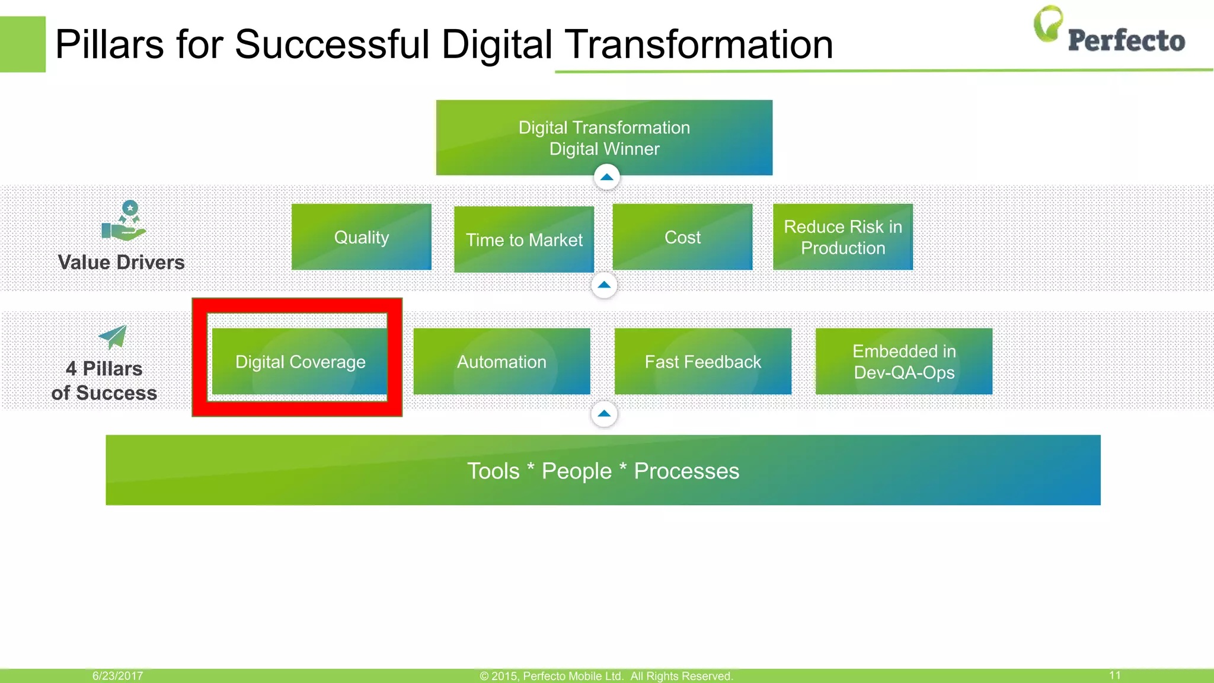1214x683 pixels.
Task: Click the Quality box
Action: [x=362, y=237]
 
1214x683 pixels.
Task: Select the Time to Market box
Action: [x=524, y=240]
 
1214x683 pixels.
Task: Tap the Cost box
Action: [x=682, y=237]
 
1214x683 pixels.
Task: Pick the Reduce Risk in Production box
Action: [x=843, y=237]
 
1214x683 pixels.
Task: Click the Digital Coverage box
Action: [x=300, y=362]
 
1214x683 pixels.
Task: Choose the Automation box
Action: [x=501, y=362]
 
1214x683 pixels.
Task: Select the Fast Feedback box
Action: [x=702, y=362]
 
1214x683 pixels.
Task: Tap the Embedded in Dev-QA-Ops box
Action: [x=904, y=362]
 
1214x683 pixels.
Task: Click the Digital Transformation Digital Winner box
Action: [x=604, y=138]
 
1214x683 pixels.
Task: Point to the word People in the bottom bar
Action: [x=576, y=471]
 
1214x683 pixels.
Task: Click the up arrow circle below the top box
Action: [x=606, y=177]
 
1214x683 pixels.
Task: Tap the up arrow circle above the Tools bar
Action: [x=604, y=414]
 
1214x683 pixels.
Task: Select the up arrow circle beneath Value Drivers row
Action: [x=604, y=285]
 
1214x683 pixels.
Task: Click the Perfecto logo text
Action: [x=1126, y=41]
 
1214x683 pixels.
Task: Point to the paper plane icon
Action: [x=113, y=337]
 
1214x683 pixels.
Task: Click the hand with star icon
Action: [x=124, y=222]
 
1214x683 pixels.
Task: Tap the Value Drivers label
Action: [x=121, y=263]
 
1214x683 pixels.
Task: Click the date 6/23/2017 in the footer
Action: [x=117, y=676]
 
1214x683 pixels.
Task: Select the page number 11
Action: [x=1114, y=675]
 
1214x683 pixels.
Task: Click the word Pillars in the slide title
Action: [x=109, y=44]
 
